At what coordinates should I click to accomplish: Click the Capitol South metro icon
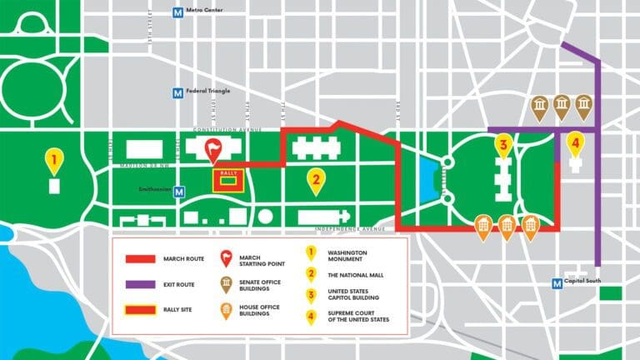(x=557, y=283)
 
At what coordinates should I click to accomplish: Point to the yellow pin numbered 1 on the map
(x=53, y=159)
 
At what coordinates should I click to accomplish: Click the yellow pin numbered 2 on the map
(x=315, y=179)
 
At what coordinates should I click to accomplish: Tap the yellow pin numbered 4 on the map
(x=574, y=144)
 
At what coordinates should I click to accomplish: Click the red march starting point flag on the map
(x=214, y=150)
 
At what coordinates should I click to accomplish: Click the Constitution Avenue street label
(x=227, y=130)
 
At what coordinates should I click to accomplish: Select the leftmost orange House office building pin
(x=482, y=225)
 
